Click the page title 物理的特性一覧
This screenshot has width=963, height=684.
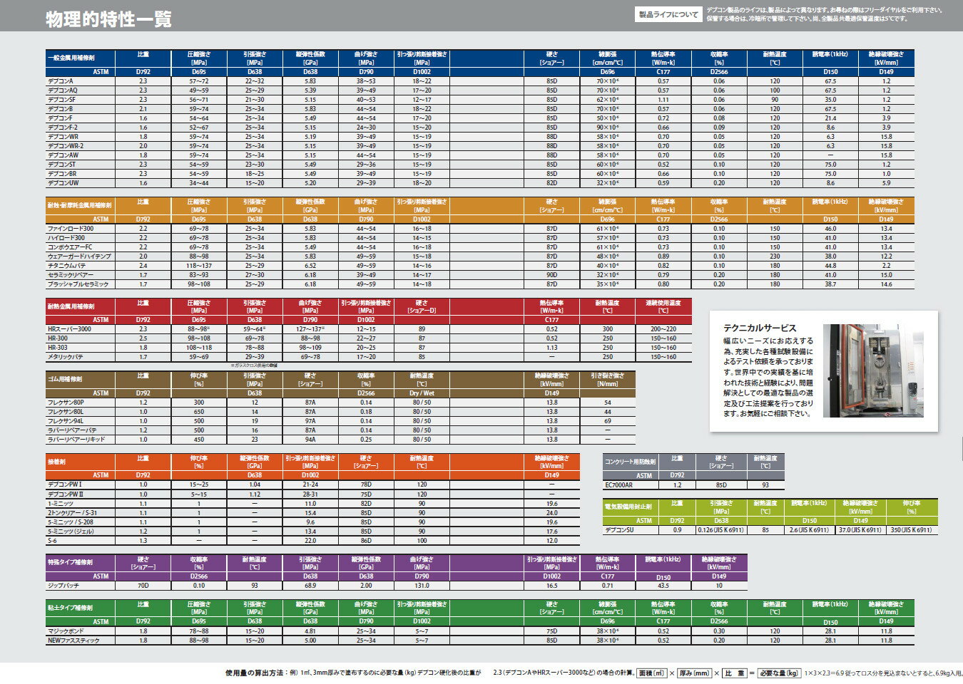coord(108,19)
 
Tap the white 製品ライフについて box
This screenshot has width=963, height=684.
coord(668,14)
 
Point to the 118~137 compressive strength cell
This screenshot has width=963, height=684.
coord(199,266)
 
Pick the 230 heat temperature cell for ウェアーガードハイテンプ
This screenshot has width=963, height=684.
coord(775,256)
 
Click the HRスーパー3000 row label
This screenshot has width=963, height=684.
coord(69,329)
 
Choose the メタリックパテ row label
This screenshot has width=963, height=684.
coord(66,357)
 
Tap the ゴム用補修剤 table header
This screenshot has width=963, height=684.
coord(65,379)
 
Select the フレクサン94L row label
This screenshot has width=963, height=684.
coord(66,421)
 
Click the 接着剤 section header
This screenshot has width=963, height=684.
coord(57,462)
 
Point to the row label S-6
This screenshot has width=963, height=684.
coord(53,541)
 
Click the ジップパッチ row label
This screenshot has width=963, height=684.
coord(63,586)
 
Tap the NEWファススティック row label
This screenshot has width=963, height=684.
coord(73,641)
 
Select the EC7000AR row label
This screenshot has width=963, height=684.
coord(619,485)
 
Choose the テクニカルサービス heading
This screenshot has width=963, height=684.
coord(760,328)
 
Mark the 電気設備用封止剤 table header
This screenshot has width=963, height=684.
coord(628,507)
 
